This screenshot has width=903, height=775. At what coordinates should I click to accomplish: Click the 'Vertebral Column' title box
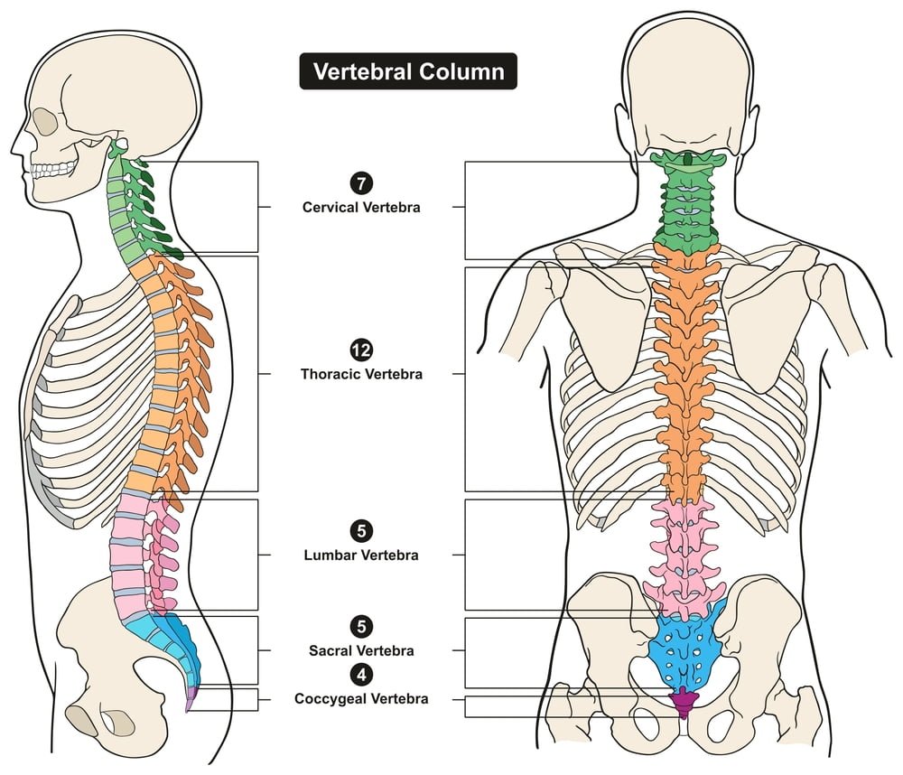pyautogui.click(x=408, y=71)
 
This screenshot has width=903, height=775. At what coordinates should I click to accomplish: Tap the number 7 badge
pyautogui.click(x=361, y=185)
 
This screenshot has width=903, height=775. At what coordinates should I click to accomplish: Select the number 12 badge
pyautogui.click(x=361, y=350)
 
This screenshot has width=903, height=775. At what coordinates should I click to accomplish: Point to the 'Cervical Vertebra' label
pyautogui.click(x=361, y=207)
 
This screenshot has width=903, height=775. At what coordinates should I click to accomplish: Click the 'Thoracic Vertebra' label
pyautogui.click(x=361, y=373)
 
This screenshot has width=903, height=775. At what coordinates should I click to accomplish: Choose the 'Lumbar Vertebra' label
pyautogui.click(x=361, y=556)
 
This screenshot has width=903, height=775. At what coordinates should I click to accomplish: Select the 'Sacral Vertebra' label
pyautogui.click(x=361, y=650)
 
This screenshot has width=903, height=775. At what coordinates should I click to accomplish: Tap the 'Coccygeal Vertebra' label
pyautogui.click(x=361, y=698)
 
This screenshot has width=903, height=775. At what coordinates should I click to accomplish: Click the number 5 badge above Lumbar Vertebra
pyautogui.click(x=361, y=532)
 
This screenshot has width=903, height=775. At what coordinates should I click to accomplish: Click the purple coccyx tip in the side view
pyautogui.click(x=189, y=701)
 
